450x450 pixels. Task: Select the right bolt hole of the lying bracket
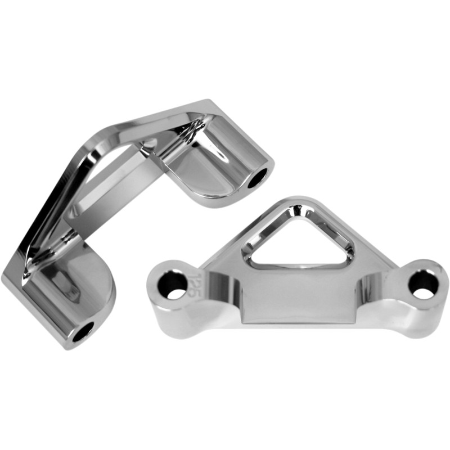[x=422, y=285]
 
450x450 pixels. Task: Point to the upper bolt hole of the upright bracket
[x=258, y=179]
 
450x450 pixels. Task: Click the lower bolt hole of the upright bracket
[x=83, y=331]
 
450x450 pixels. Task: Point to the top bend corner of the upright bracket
[x=205, y=107]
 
